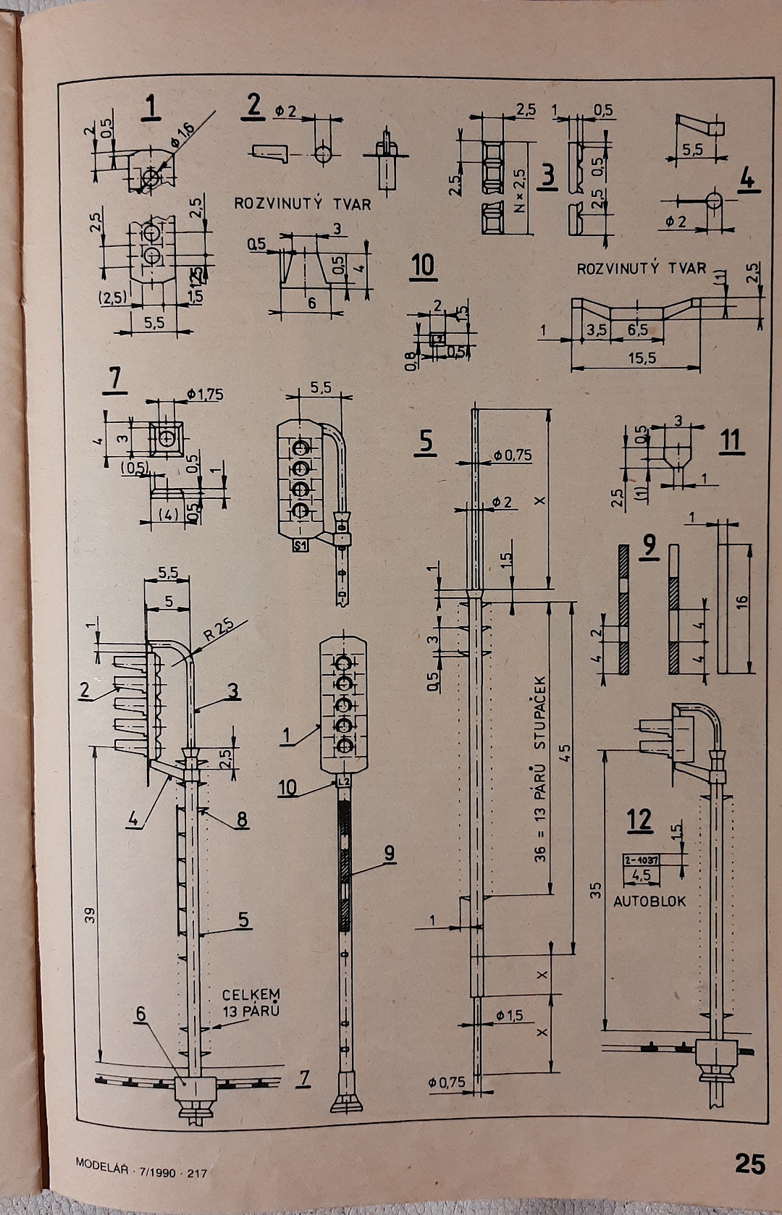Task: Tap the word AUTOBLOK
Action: coord(649,901)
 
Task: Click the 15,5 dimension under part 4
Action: coord(642,358)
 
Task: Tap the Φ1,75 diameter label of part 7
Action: coord(205,395)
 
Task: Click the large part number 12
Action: coord(639,820)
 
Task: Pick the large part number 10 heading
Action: coord(423,266)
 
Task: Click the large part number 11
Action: coord(731,440)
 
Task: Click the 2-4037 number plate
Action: coord(641,859)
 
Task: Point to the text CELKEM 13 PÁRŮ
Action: coord(251,1003)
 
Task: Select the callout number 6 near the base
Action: coord(141,1014)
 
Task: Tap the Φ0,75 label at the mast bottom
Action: coord(447,1082)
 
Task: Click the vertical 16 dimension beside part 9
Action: coord(742,600)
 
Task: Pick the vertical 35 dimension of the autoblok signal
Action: coord(595,890)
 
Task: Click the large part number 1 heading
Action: coord(151,106)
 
